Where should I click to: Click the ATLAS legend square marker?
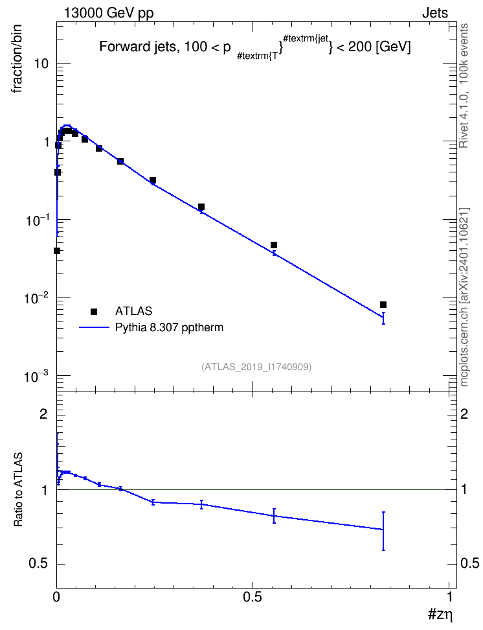[94, 311]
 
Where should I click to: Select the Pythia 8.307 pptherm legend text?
[169, 327]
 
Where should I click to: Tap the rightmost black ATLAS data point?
[383, 305]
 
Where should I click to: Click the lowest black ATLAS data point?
[57, 251]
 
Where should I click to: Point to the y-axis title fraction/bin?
[17, 59]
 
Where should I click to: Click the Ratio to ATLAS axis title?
[18, 490]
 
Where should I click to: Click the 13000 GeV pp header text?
[108, 13]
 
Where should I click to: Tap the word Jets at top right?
[435, 13]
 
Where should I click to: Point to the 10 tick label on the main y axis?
[41, 64]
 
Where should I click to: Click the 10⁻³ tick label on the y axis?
[36, 377]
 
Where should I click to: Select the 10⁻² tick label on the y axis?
[36, 298]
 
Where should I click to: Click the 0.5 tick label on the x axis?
[253, 597]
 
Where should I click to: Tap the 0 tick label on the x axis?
[56, 597]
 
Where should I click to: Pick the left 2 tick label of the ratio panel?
[43, 414]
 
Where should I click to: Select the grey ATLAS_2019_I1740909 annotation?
[256, 367]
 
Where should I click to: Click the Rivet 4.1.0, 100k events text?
[464, 86]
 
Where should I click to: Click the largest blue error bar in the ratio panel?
[383, 531]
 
